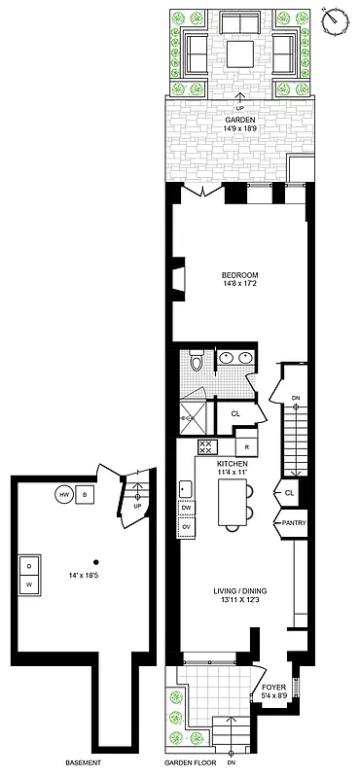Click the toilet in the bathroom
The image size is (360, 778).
[x=197, y=365]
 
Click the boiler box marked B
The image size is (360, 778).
[x=85, y=494]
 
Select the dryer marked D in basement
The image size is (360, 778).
[x=30, y=565]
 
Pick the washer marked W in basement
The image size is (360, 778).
[x=30, y=583]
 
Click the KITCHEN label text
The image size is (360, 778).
[x=232, y=464]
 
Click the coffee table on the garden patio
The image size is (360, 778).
[x=236, y=53]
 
